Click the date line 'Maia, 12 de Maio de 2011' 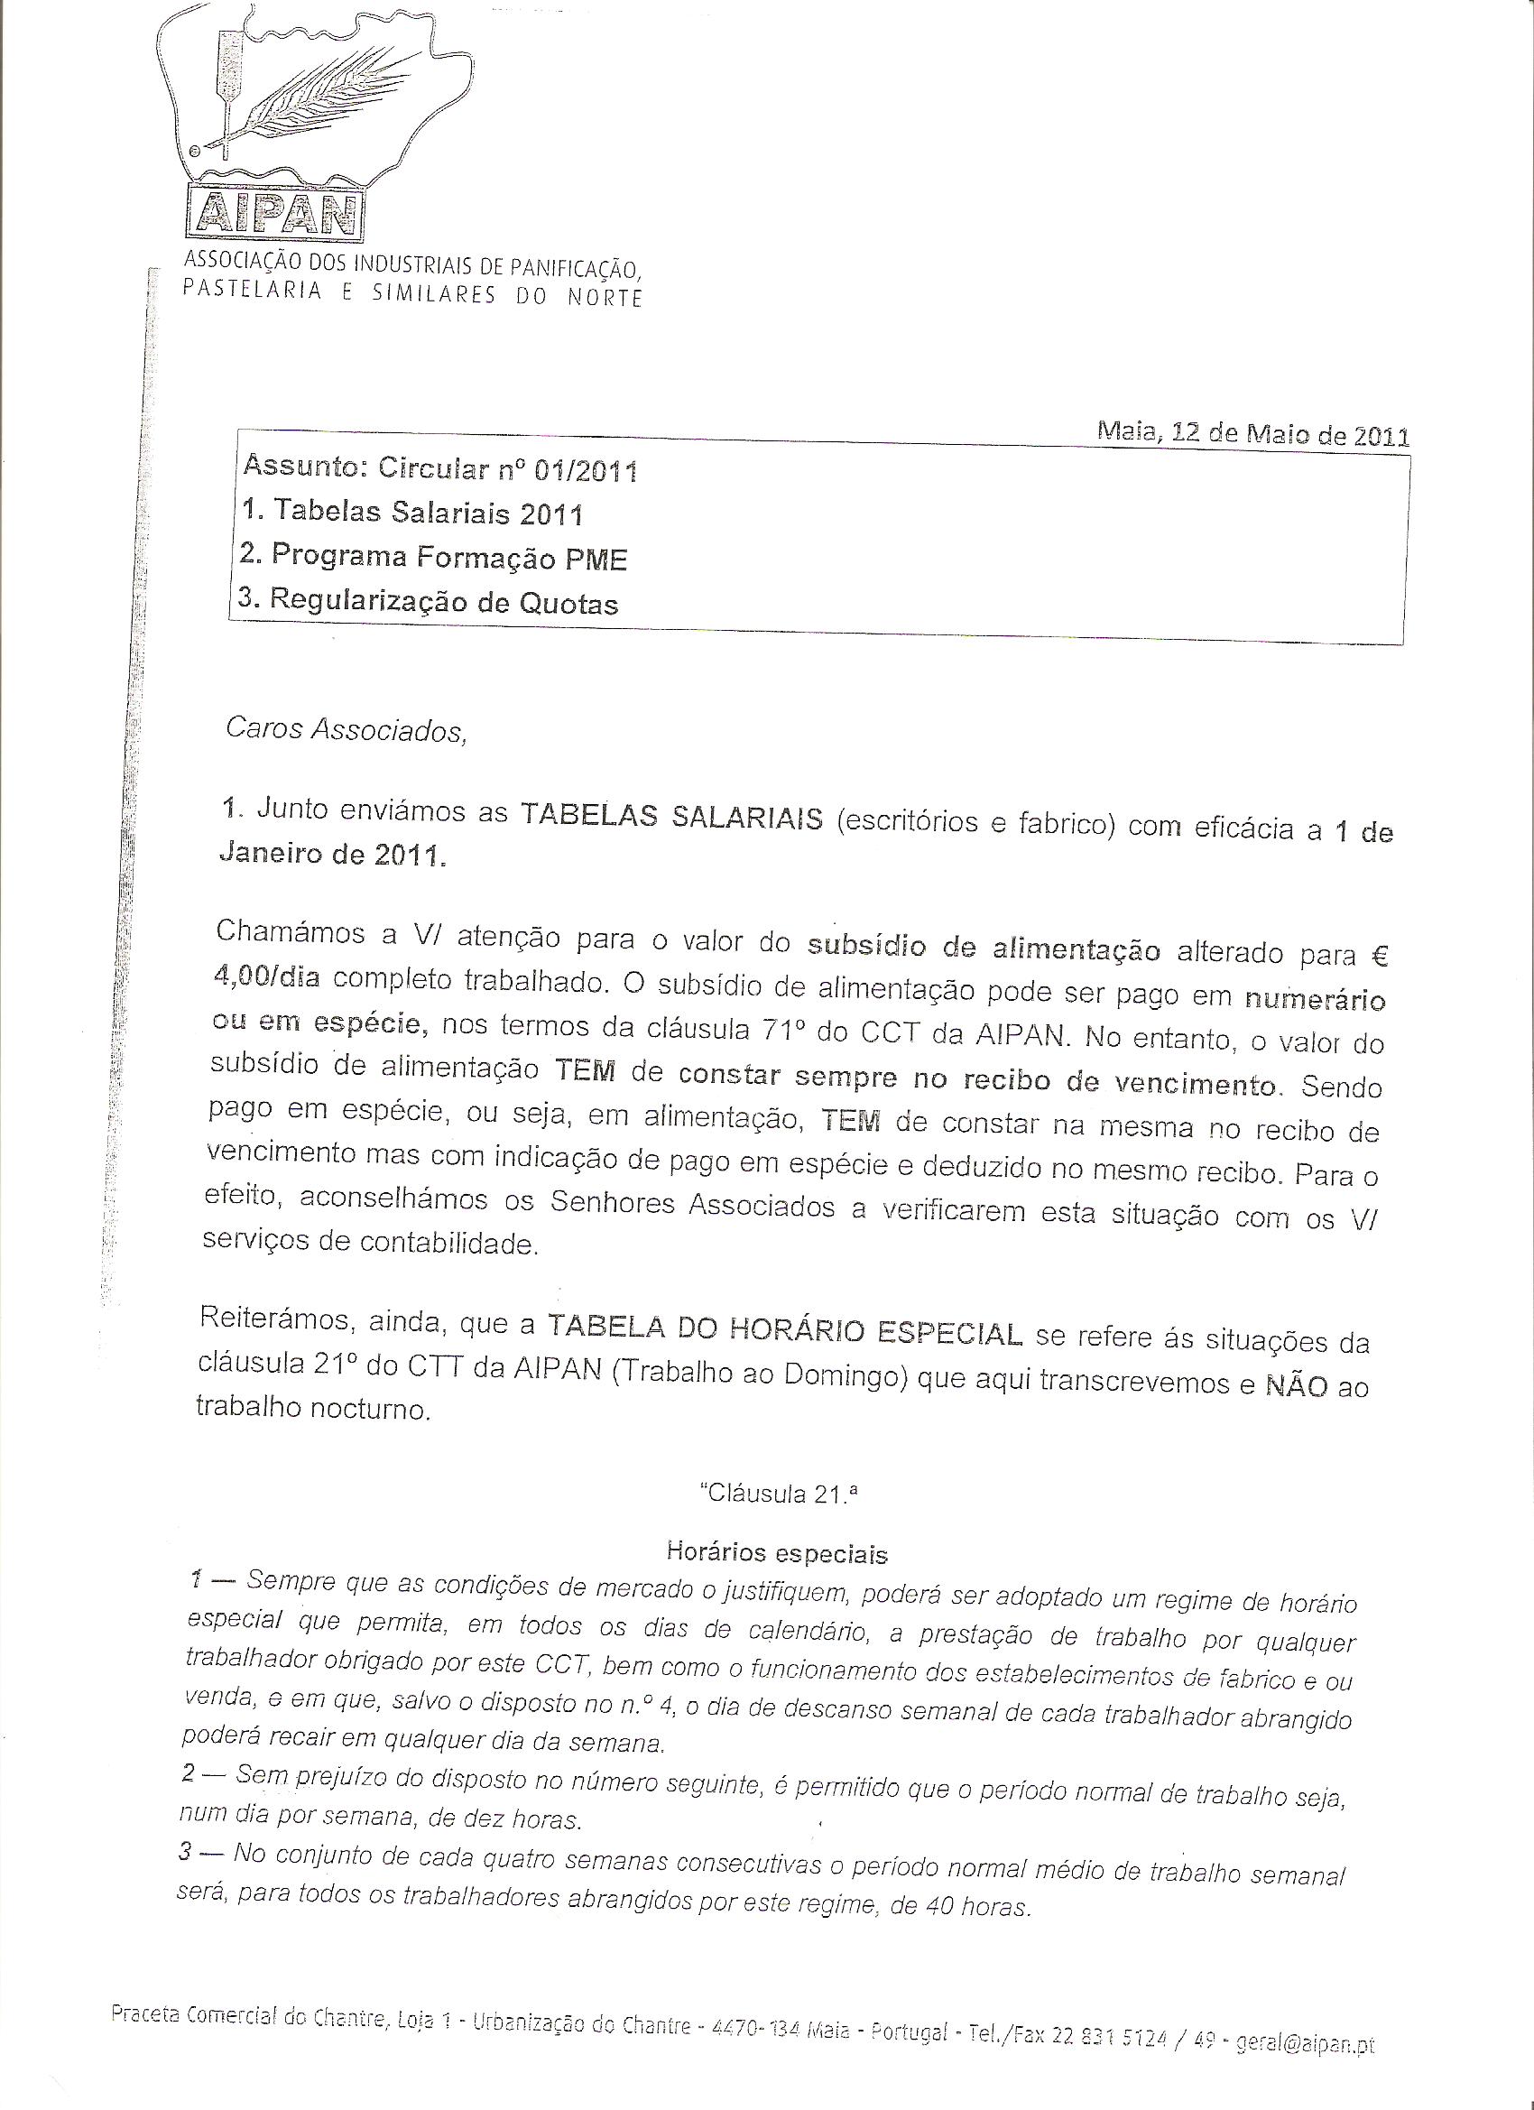coord(1252,434)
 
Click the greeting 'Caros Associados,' coord(345,729)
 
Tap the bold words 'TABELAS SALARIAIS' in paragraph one coord(670,818)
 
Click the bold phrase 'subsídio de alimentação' coord(984,948)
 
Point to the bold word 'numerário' coord(1315,1000)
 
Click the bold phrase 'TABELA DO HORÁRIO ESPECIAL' coord(785,1331)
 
